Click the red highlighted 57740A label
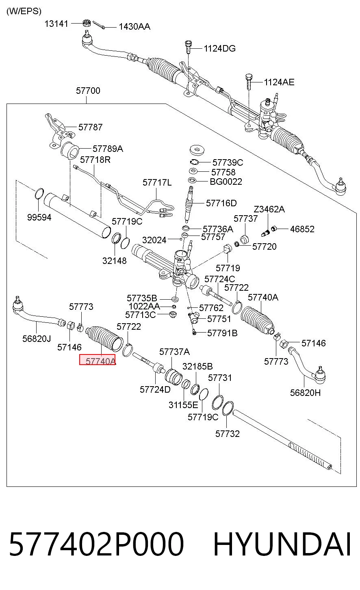point(97,360)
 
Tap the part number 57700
point(88,91)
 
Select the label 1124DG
point(219,48)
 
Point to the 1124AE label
point(279,82)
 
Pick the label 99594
point(39,217)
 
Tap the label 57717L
point(157,182)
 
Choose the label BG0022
point(226,182)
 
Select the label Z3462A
point(269,209)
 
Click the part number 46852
point(302,229)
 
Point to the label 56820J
point(37,339)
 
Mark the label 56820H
point(306,393)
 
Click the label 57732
point(228,434)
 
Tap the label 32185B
point(197,366)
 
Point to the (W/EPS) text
point(24,11)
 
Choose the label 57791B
point(222,333)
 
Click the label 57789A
point(108,149)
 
